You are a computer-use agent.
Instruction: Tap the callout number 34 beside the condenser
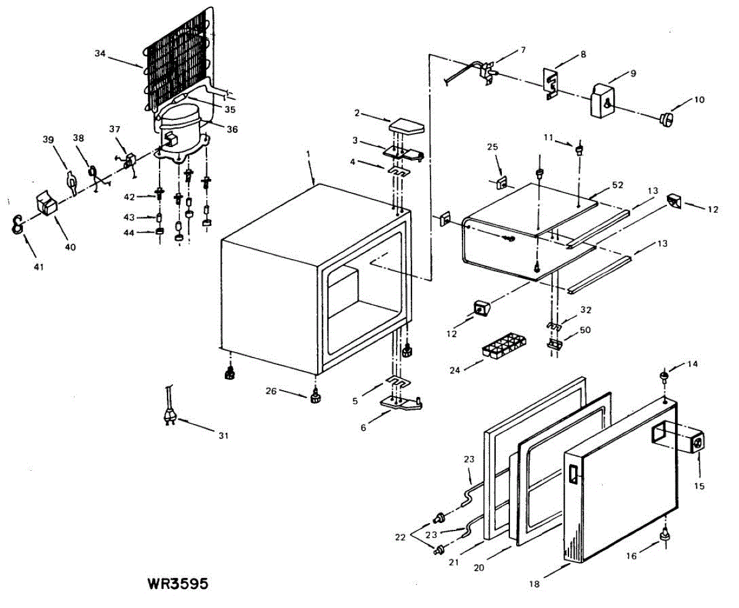[100, 54]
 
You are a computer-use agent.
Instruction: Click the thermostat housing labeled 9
[605, 101]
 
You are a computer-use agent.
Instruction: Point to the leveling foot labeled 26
[316, 397]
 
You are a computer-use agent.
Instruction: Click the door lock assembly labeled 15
[694, 444]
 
